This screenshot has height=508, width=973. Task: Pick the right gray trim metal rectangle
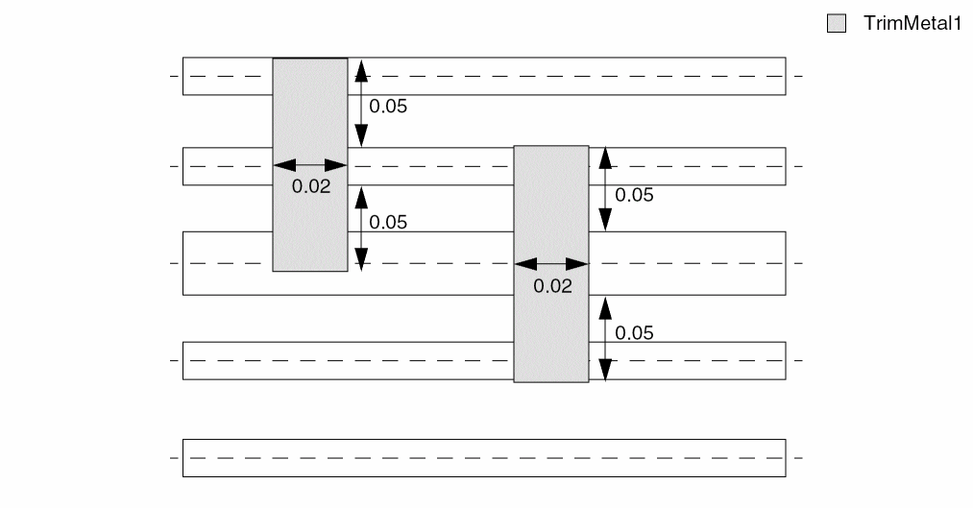pos(551,317)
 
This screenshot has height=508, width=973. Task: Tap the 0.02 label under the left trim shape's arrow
pos(311,186)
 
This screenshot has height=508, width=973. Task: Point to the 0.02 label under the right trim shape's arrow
pos(552,285)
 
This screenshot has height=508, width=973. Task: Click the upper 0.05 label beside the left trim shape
pos(388,107)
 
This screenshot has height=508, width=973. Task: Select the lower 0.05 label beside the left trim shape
pos(388,222)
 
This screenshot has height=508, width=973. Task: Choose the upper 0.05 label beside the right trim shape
pos(634,195)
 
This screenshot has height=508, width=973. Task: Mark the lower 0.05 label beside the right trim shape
pos(634,333)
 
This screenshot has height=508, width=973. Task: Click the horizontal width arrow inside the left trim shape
pos(310,165)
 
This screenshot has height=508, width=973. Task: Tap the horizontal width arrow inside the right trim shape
pos(551,263)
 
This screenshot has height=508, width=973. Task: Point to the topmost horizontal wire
pos(576,76)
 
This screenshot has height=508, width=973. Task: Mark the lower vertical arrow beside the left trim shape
pos(361,229)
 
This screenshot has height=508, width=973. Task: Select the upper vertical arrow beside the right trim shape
pos(605,190)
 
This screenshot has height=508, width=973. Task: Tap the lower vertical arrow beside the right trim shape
pos(605,339)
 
